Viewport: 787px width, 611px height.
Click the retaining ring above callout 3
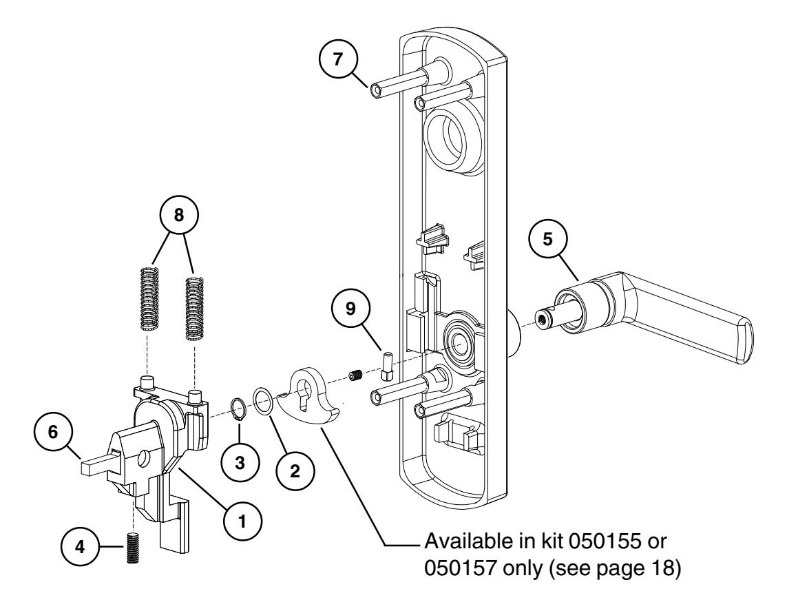238,408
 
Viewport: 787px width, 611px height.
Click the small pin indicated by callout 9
386,369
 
